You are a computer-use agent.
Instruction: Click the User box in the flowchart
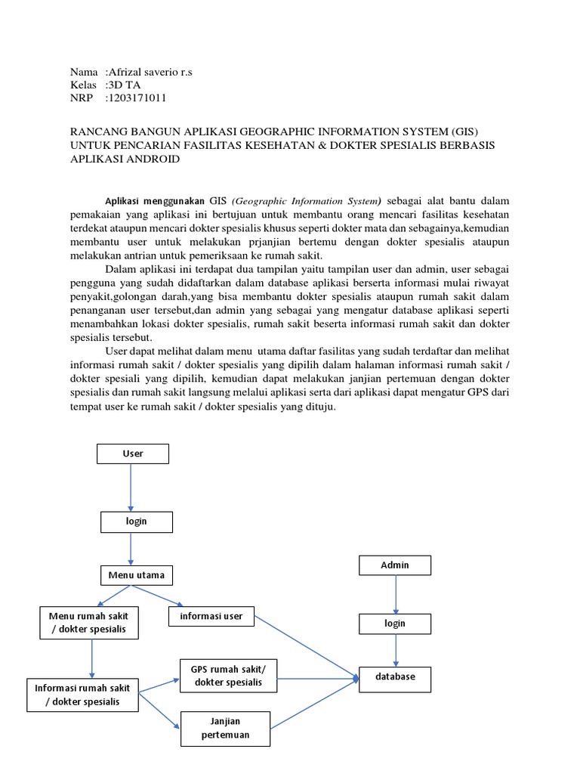pos(133,454)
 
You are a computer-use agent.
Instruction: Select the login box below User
pos(137,522)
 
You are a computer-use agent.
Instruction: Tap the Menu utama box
pos(137,575)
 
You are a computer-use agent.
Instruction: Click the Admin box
pos(395,565)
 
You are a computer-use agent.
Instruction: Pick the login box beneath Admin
pos(395,624)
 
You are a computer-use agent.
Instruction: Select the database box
pos(395,678)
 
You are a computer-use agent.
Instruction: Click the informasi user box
pos(211,616)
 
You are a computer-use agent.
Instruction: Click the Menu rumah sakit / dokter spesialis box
pos(88,623)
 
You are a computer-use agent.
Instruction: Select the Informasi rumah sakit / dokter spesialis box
pos(83,695)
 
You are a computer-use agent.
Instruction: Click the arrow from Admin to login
pos(394,594)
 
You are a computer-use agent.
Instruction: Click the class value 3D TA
pos(124,85)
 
